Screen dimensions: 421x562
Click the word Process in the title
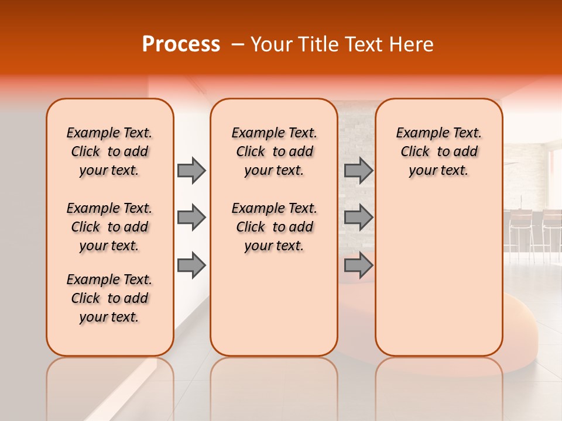coord(181,44)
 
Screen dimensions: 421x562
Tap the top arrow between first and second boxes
coord(191,170)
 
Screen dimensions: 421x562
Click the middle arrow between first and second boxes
coord(191,218)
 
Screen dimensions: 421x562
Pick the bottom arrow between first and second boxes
coord(191,265)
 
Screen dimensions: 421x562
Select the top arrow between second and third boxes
coord(358,170)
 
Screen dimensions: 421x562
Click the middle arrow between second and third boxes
coord(358,218)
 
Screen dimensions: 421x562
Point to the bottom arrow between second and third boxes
coord(358,265)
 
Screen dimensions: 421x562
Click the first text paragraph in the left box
coord(109,151)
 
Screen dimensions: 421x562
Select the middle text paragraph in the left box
coord(109,227)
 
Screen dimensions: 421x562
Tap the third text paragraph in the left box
coord(109,298)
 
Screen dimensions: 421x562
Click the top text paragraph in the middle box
coord(274,151)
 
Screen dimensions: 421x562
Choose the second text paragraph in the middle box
coord(274,227)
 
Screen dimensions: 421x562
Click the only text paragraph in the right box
coord(438,151)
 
